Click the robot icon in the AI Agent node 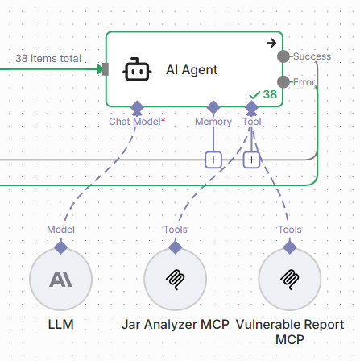137,69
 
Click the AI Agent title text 192,70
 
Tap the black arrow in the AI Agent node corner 271,43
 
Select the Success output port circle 283,56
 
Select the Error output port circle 283,82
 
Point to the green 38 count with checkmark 263,94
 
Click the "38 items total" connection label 48,58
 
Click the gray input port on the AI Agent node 106,69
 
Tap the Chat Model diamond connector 137,108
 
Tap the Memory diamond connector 213,107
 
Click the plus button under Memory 213,160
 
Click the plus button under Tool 251,160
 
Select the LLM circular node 61,280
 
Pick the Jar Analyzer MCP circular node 176,280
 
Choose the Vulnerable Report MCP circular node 290,280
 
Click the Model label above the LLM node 61,230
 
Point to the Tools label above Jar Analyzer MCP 176,230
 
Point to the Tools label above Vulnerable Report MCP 290,230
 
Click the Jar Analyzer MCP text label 176,325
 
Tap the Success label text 312,56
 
